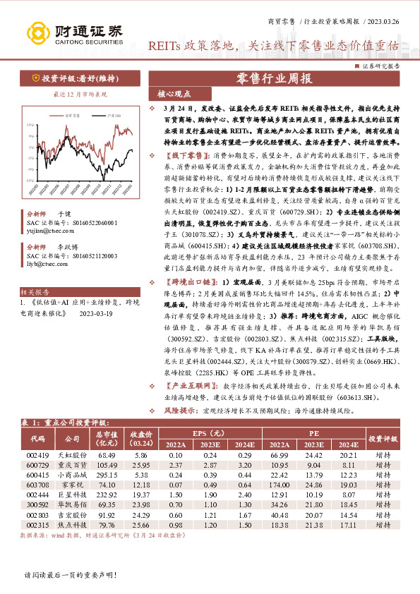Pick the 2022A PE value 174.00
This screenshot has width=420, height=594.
280,486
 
